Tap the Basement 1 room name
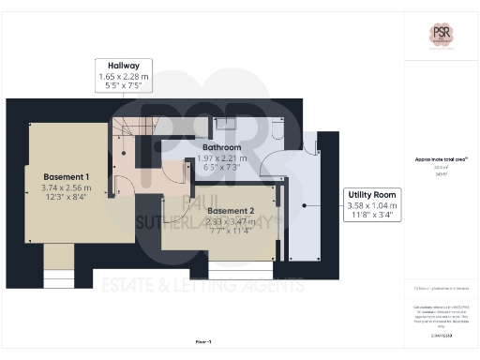[x=66, y=176]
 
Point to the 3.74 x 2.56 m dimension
[x=66, y=187]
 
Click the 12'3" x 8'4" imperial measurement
[x=66, y=197]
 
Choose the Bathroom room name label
[x=222, y=147]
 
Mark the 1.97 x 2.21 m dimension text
[x=222, y=157]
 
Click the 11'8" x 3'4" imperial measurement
[x=372, y=215]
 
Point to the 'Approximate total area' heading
[x=440, y=159]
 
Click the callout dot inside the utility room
[x=304, y=204]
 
